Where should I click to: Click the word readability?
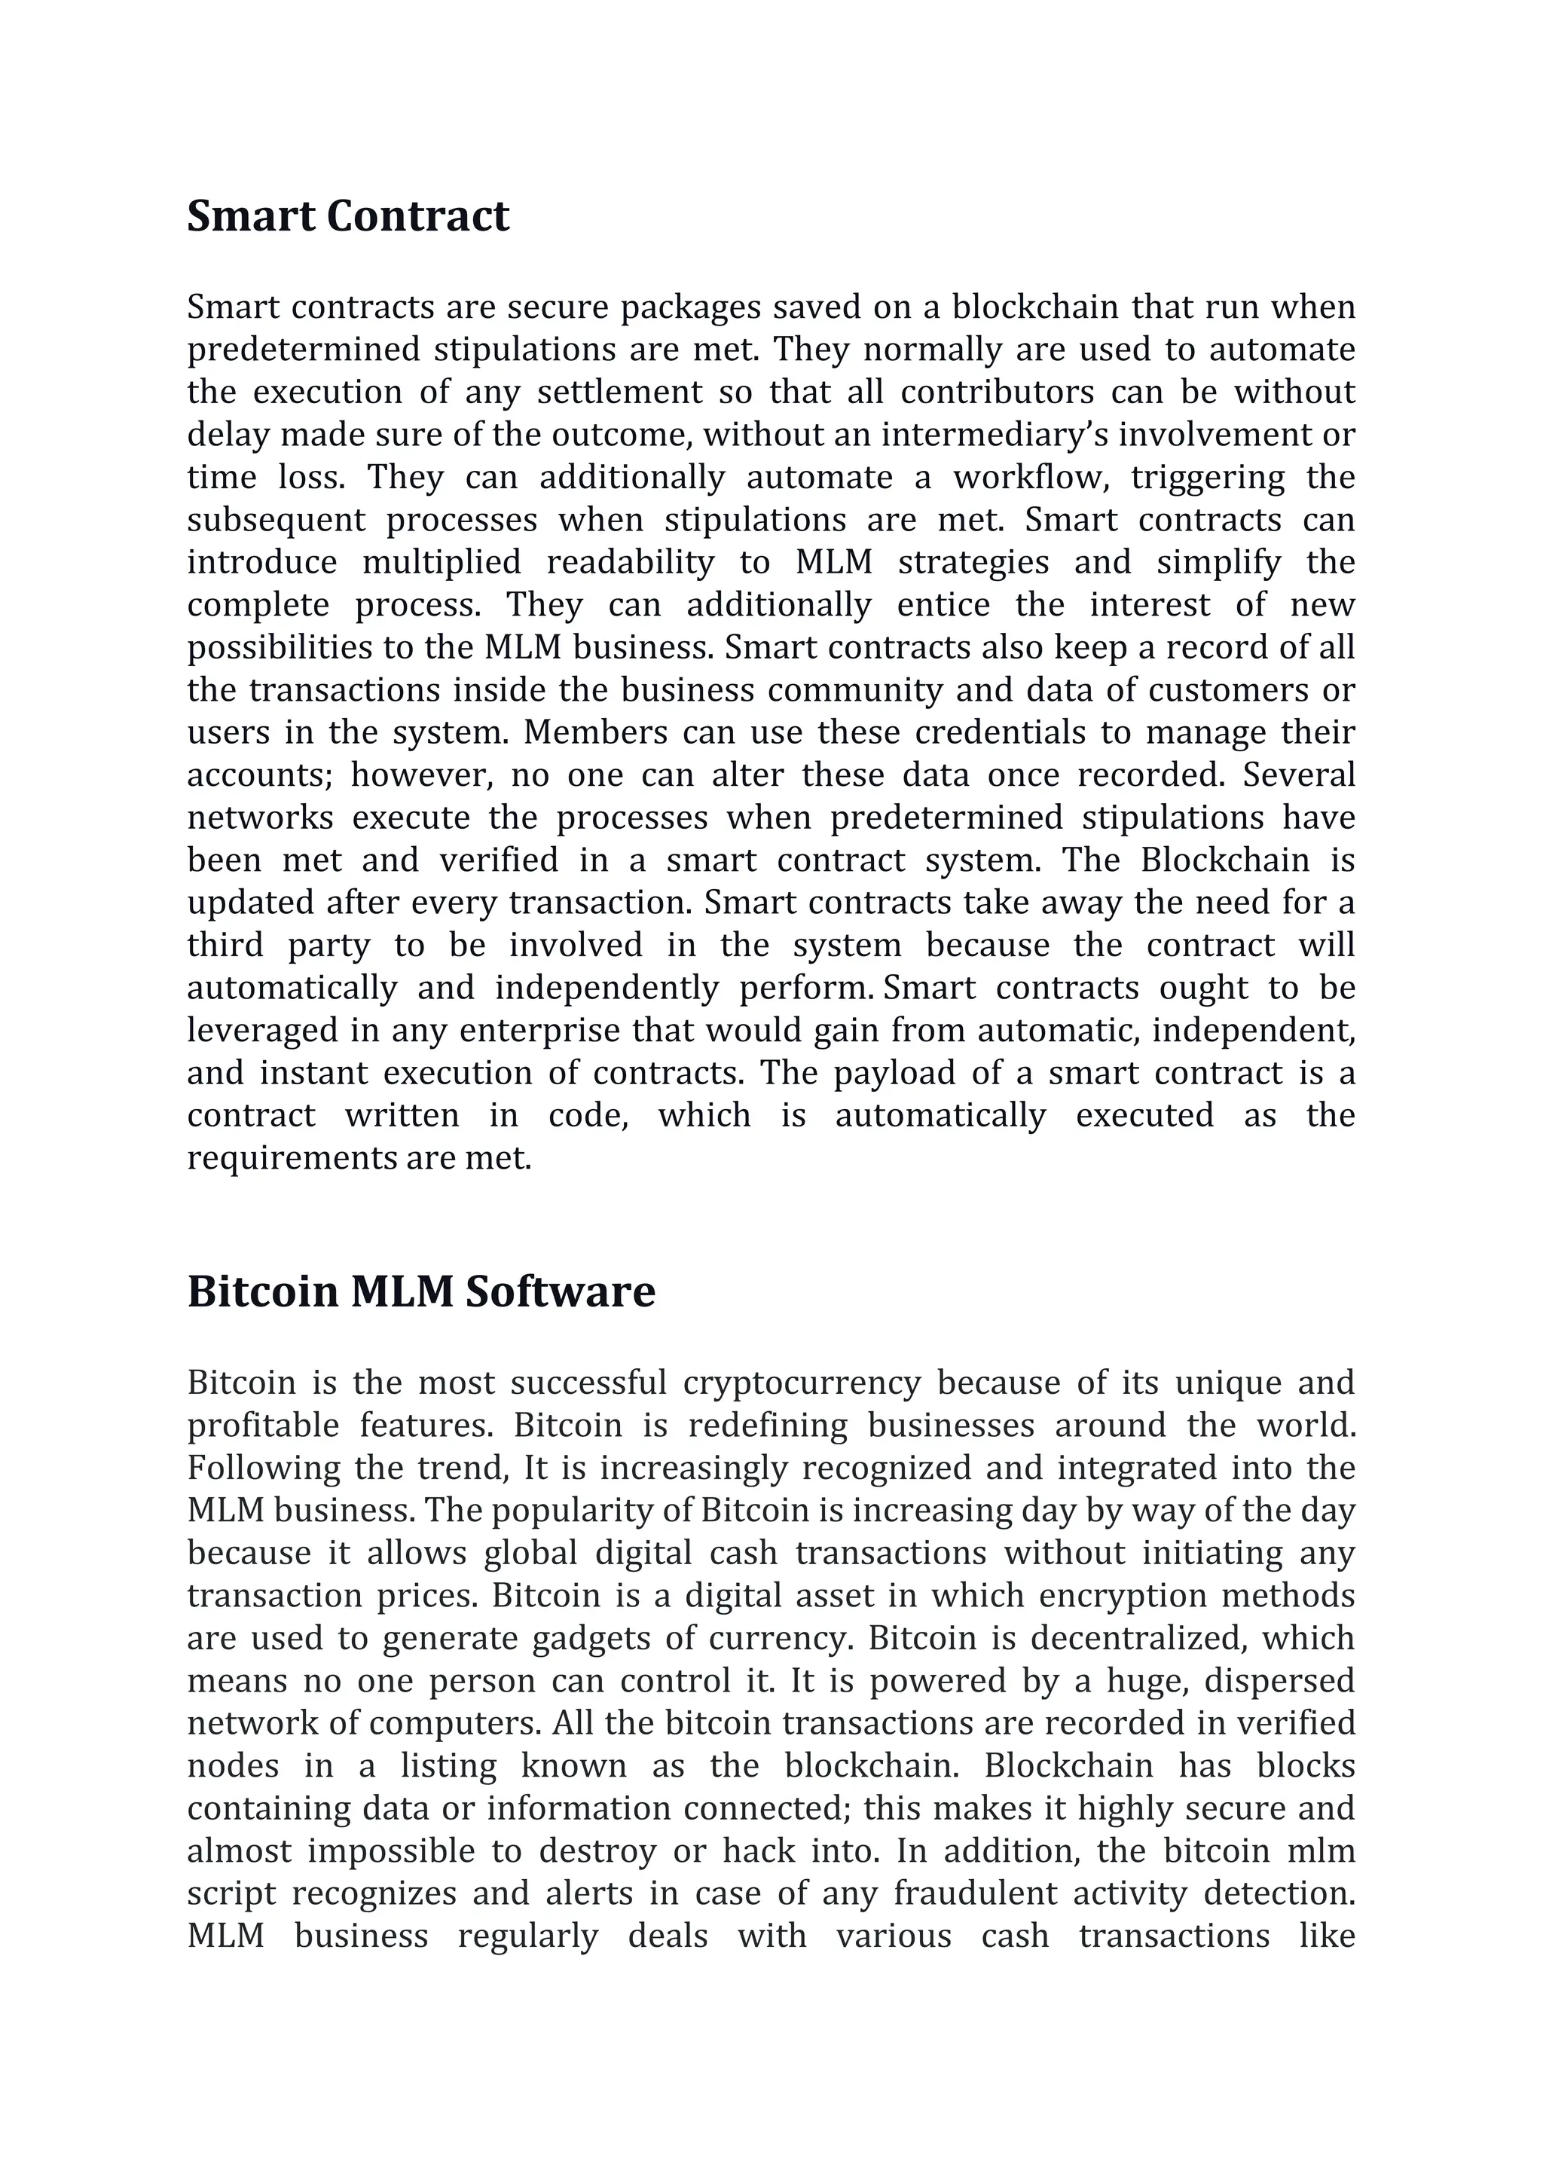click(630, 563)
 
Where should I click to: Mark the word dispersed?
click(1279, 1680)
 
